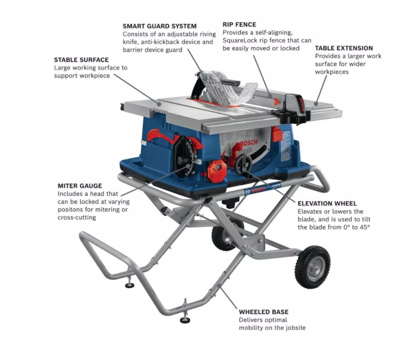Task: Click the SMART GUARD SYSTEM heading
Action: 159,26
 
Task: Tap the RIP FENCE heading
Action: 239,24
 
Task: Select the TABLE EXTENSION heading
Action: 344,48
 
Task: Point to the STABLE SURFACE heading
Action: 81,60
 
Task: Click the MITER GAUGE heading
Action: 80,186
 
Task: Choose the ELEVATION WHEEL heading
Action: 327,203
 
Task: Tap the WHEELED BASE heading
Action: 264,312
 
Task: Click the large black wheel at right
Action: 313,267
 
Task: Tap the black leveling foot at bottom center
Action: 185,319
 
